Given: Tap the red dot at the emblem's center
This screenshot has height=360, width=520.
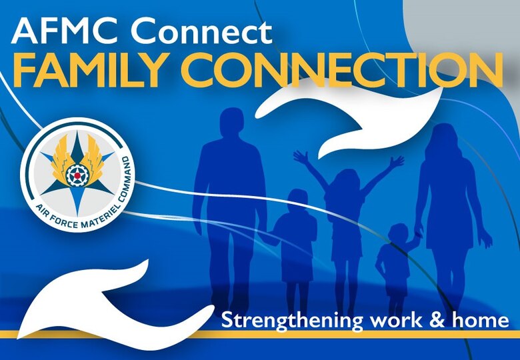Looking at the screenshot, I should [x=75, y=175].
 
